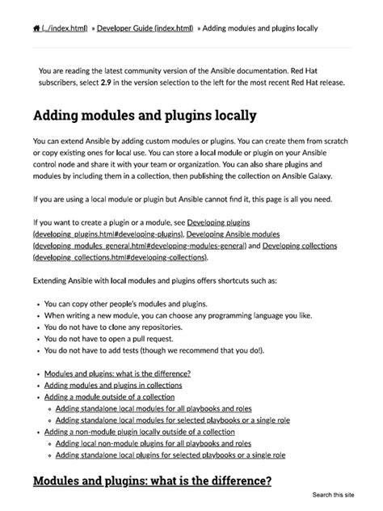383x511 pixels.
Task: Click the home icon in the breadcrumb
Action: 36,28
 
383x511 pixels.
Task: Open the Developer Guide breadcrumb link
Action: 145,28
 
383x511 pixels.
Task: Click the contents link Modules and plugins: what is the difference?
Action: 117,373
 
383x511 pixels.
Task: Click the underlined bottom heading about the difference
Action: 151,480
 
